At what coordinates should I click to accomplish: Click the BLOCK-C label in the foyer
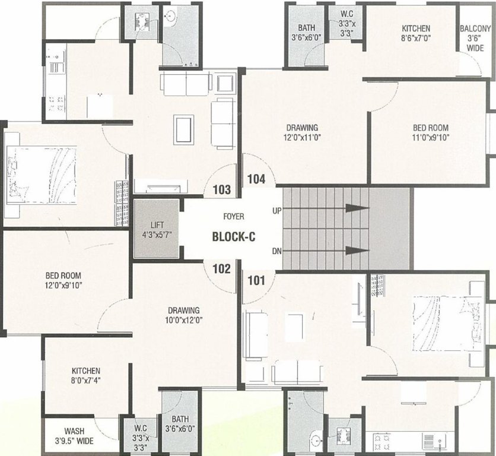234,237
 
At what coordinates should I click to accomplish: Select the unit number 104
256,179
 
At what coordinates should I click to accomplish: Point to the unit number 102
221,268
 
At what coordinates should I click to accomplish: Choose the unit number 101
256,280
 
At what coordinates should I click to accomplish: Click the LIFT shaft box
156,229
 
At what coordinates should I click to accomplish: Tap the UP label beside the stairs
276,211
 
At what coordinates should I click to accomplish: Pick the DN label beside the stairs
276,251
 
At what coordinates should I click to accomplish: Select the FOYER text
234,217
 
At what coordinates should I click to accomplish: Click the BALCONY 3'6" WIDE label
475,39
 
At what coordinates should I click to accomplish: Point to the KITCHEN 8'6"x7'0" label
415,33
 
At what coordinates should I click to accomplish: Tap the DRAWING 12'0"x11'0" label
302,132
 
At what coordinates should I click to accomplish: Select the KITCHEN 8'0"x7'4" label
86,375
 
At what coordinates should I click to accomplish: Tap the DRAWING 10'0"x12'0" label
183,315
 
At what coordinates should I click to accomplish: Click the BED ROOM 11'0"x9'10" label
430,132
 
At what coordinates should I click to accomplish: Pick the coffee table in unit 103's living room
183,128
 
